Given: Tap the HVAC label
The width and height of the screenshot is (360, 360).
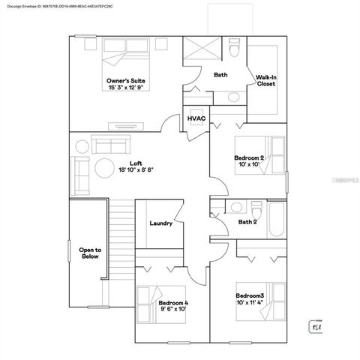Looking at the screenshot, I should pos(196,118).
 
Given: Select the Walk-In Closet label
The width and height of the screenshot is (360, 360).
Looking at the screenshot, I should pos(265,80).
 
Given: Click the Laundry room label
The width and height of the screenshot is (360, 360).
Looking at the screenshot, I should pos(161,223).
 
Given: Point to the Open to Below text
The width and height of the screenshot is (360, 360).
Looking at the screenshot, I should pos(91,253).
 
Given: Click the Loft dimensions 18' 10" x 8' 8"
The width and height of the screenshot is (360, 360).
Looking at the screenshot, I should pos(135,170).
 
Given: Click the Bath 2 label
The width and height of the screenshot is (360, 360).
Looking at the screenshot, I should pos(247,222).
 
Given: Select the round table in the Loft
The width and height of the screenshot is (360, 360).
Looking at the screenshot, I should pos(103,166).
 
